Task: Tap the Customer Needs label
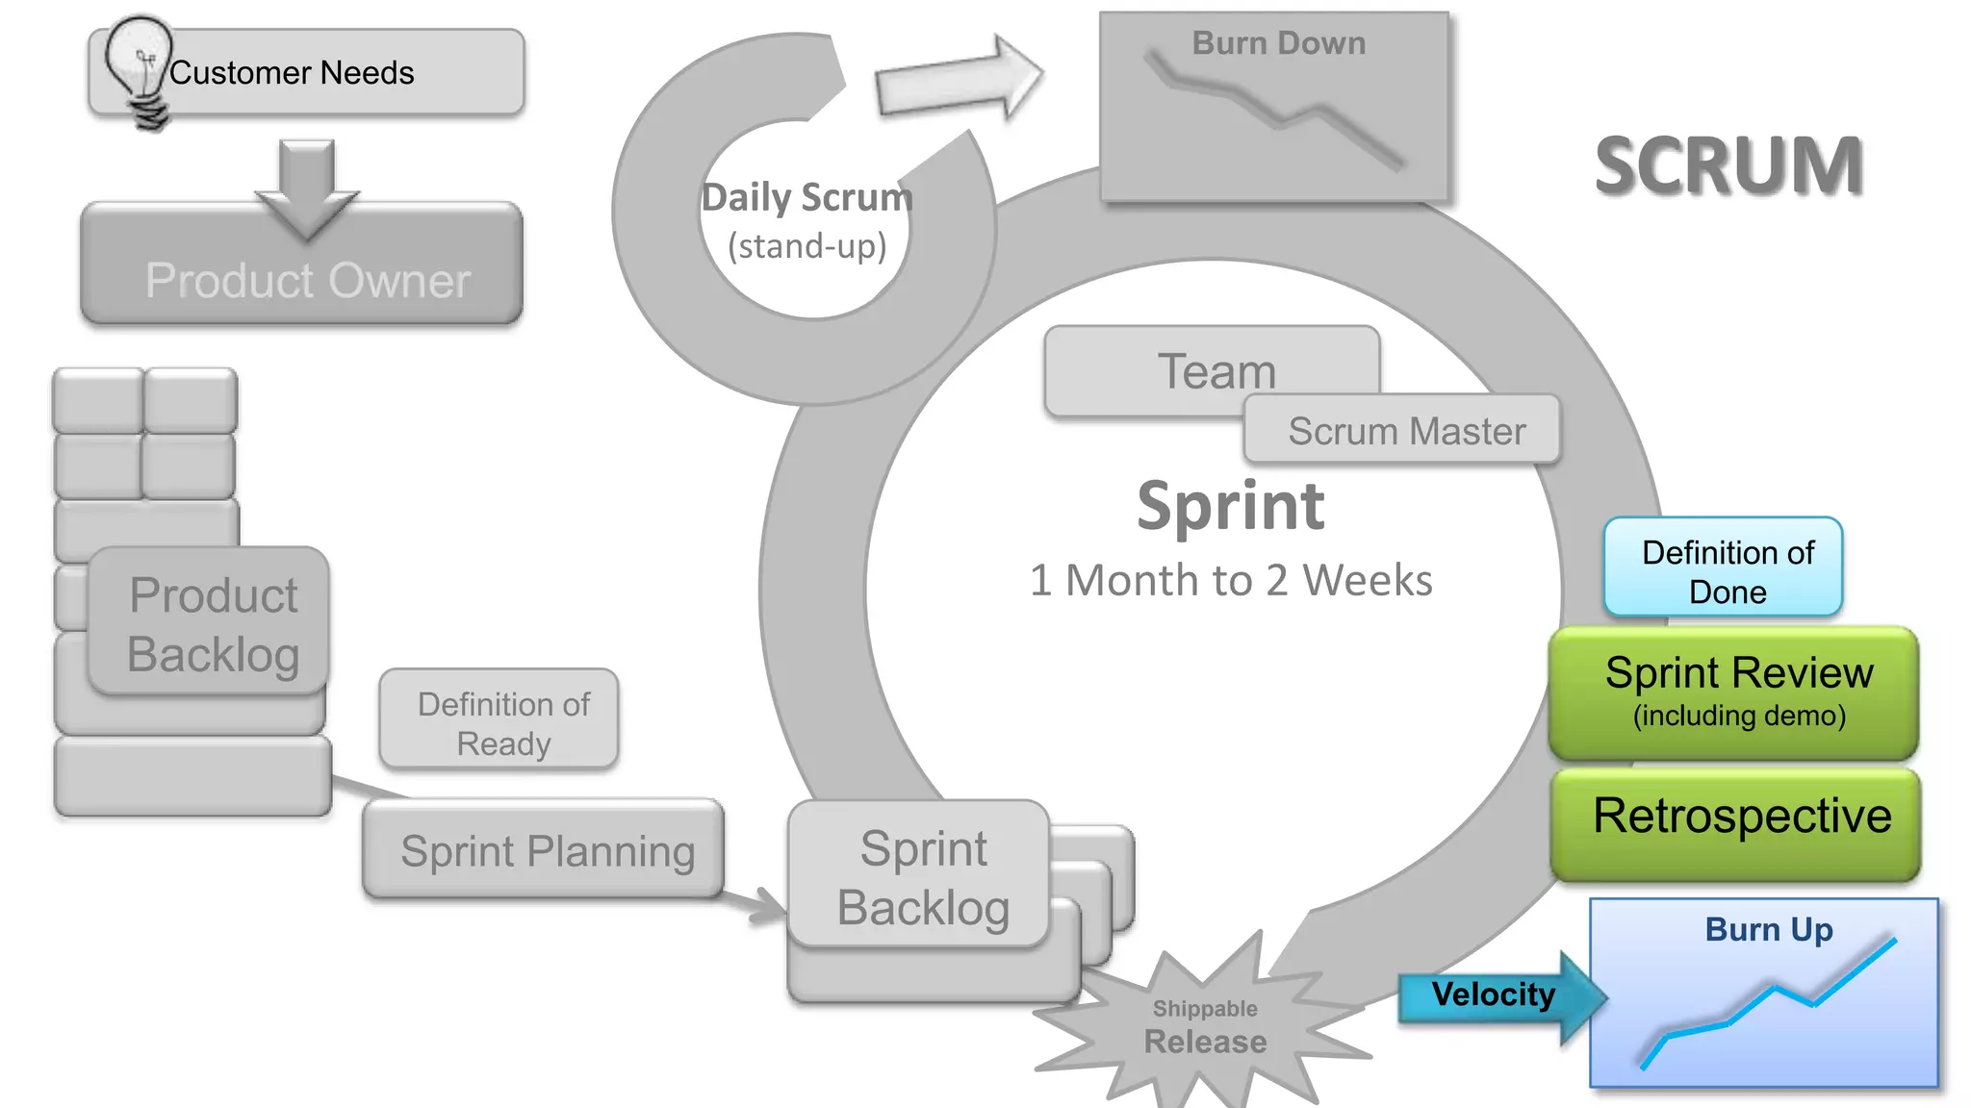(292, 73)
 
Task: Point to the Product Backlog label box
(212, 623)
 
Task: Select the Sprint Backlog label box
(922, 876)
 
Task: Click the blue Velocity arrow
(1493, 995)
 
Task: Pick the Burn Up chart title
(1768, 929)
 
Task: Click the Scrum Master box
(1405, 431)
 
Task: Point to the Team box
(1214, 369)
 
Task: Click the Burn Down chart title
(1277, 43)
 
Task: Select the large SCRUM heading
(1728, 165)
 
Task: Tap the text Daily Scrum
(806, 198)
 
